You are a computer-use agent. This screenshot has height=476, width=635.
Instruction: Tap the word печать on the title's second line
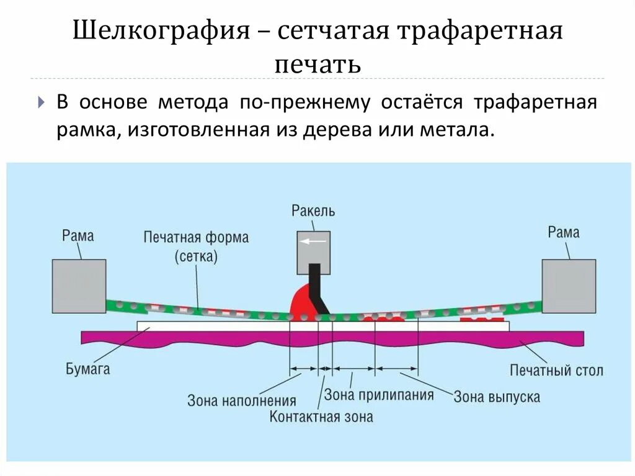point(317,64)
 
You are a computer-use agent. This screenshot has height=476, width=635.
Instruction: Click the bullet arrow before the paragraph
point(42,102)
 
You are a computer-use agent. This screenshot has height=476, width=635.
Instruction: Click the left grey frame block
point(79,286)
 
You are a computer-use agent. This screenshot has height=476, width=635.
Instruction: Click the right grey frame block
point(569,286)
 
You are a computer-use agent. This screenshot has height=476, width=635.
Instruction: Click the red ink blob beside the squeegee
point(302,300)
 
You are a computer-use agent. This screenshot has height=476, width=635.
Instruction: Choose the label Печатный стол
point(556,371)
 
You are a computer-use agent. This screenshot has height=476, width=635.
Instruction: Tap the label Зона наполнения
point(242,401)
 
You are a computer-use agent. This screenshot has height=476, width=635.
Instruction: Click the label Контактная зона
point(321,416)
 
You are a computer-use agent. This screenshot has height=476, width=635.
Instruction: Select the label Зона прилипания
point(378,394)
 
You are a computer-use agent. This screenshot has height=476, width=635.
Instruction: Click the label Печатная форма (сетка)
point(195,246)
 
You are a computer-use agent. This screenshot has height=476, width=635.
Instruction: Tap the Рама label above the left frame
point(78,235)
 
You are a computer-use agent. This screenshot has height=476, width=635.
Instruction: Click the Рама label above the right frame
point(564,232)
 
